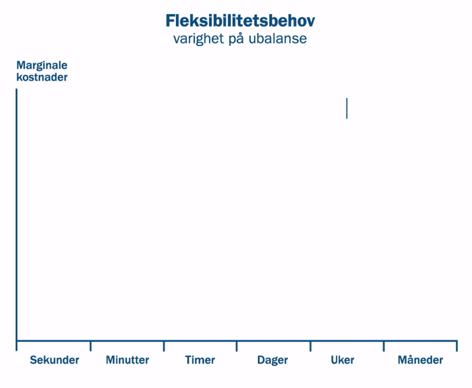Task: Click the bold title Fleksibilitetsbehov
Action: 240,21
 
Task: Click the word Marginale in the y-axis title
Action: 42,65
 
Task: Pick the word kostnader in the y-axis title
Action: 42,77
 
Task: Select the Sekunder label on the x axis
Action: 55,360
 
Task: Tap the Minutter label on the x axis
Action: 128,360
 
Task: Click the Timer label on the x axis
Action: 200,360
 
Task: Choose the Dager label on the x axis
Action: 273,360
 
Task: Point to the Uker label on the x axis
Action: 343,360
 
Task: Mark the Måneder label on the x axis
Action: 420,360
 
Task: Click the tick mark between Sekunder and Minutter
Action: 91,346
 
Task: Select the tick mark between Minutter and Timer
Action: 164,346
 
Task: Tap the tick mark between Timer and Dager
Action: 237,346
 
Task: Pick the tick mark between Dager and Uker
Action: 310,346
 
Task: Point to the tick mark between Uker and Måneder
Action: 383,346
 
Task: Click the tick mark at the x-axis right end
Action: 457,346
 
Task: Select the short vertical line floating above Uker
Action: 347,108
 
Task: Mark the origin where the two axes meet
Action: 17,341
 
